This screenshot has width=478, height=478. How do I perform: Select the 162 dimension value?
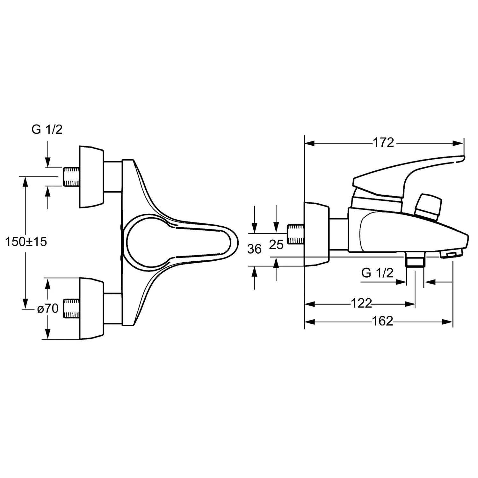click(x=383, y=321)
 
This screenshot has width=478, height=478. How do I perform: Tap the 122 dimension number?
click(x=361, y=303)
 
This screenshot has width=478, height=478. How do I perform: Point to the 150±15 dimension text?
click(x=26, y=242)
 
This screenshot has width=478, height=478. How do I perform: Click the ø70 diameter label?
click(x=48, y=308)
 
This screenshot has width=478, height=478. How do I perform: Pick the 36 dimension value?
click(x=254, y=249)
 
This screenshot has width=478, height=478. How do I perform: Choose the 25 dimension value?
click(x=276, y=244)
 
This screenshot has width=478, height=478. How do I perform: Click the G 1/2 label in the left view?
click(x=47, y=129)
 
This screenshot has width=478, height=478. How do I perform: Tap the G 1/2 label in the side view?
click(x=377, y=273)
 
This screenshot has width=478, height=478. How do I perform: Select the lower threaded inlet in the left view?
click(x=72, y=308)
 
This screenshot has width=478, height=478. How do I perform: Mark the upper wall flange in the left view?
click(x=91, y=177)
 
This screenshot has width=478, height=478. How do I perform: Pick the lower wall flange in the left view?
click(x=91, y=308)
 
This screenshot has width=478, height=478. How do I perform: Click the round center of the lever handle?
click(x=147, y=242)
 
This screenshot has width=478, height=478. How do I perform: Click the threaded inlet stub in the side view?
click(x=296, y=234)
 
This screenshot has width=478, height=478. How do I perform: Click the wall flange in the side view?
click(x=317, y=234)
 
